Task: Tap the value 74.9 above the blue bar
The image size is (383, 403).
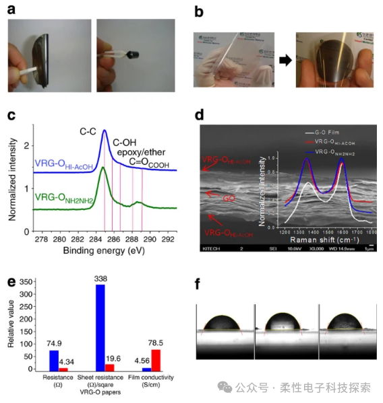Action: point(55,342)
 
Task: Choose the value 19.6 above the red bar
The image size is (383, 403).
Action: point(113,359)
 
